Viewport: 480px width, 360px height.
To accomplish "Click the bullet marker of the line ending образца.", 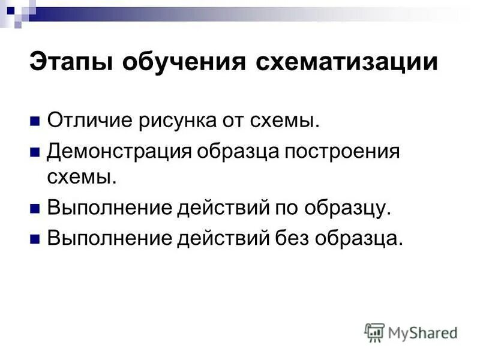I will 34,238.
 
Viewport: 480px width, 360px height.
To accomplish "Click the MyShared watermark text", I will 422,332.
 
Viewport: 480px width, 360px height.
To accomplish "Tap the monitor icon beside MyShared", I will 375,332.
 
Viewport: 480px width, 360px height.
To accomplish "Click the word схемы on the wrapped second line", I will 78,177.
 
